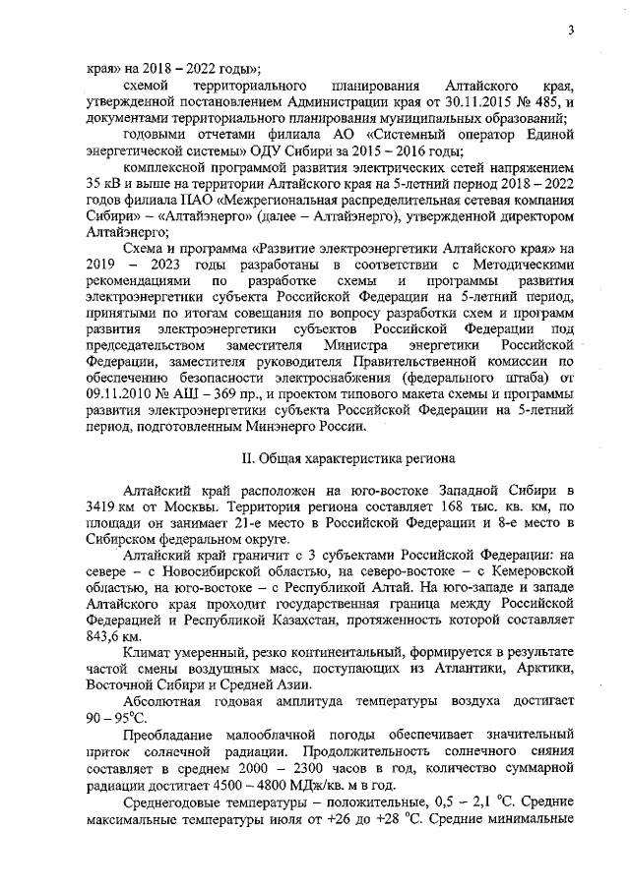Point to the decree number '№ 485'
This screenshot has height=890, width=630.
pos(546,102)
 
